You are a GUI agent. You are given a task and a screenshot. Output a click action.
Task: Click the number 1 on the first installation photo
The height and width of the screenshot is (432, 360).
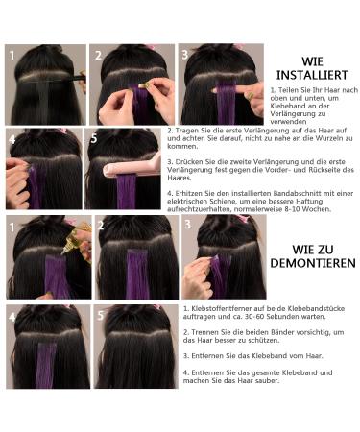[x=13, y=55]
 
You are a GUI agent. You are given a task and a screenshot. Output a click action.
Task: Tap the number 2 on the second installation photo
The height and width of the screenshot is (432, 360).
[x=100, y=55]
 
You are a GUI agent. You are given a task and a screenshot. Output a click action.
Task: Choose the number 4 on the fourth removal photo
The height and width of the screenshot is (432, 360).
[x=13, y=315]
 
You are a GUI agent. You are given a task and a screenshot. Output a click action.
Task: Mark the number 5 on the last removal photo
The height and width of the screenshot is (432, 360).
[x=100, y=315]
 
